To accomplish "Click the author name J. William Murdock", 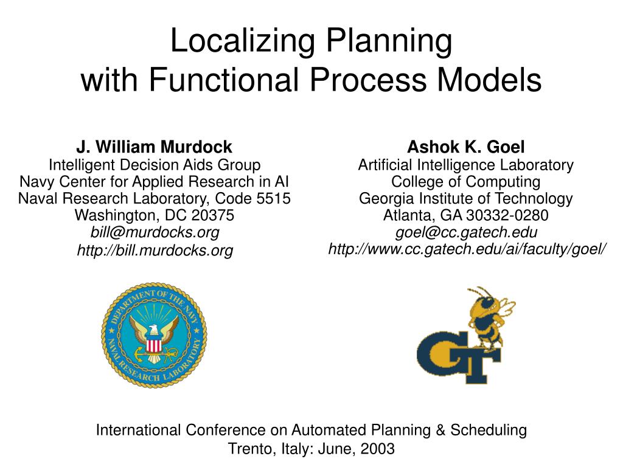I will [x=154, y=147].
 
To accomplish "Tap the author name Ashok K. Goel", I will [x=465, y=147].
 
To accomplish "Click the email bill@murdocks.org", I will [x=155, y=232].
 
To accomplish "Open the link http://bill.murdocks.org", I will [x=155, y=250].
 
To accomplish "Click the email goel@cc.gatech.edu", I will [x=466, y=232].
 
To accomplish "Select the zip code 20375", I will [x=212, y=215].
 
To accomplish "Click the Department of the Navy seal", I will [x=154, y=335].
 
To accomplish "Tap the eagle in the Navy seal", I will [x=154, y=331].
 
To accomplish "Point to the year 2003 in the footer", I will [x=378, y=449].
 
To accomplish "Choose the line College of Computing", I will [x=465, y=181].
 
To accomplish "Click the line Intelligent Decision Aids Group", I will [x=155, y=164].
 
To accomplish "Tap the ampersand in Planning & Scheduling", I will [x=441, y=431].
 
